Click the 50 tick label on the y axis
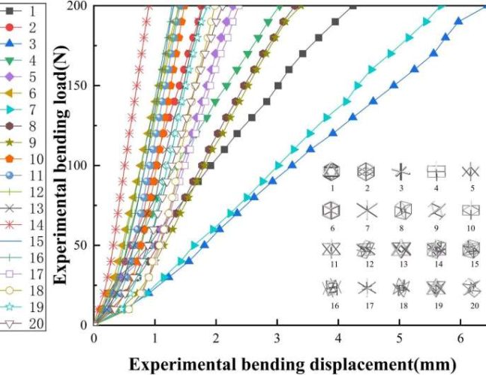click(x=79, y=245)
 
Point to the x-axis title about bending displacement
click(x=292, y=364)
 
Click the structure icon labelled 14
click(x=436, y=249)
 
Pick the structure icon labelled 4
click(x=436, y=172)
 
